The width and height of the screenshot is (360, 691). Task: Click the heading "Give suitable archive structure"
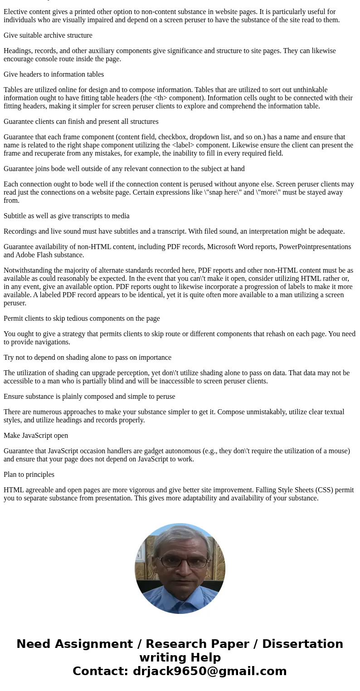click(48, 35)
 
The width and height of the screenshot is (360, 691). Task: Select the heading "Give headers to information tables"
click(54, 74)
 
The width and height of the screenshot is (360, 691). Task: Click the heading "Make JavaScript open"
click(36, 436)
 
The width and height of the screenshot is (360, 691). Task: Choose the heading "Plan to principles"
click(29, 475)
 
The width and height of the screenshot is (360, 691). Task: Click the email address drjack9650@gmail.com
click(209, 671)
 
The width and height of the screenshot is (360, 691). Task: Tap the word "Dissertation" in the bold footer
click(302, 644)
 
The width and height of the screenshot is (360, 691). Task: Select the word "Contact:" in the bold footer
click(100, 671)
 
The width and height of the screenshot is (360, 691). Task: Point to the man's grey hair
click(180, 535)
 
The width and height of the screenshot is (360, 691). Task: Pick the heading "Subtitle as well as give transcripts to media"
click(67, 216)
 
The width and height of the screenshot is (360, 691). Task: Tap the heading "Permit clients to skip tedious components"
click(82, 319)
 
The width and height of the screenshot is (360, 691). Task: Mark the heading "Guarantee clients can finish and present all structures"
click(81, 122)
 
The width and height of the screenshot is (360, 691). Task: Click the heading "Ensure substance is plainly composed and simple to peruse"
click(89, 397)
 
